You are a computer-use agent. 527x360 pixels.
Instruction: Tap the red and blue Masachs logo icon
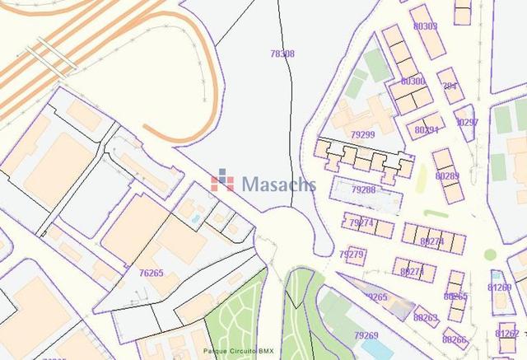coord(222,180)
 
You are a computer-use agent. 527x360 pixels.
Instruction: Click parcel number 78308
coord(282,54)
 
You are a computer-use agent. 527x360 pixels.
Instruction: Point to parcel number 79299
coord(362,134)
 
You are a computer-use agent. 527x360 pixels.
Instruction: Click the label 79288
coord(363,190)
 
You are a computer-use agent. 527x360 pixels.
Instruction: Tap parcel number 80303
coord(425,26)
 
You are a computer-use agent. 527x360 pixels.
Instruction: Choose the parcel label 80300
coord(413,82)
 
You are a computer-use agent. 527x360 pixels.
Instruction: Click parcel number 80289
coord(447,175)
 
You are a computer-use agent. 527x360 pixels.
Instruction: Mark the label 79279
coord(352,254)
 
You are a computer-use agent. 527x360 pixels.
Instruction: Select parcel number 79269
coord(366,335)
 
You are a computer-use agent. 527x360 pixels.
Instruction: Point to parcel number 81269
coord(500,288)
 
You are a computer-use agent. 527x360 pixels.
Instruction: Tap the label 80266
coord(454,339)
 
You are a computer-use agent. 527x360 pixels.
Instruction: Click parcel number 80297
coord(466,122)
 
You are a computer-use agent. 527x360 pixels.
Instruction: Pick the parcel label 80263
coord(426,317)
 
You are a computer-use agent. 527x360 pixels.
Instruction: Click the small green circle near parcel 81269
coord(490,255)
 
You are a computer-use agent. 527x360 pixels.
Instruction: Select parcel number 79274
coord(361,222)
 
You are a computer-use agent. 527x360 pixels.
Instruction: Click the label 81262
coord(507,334)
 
